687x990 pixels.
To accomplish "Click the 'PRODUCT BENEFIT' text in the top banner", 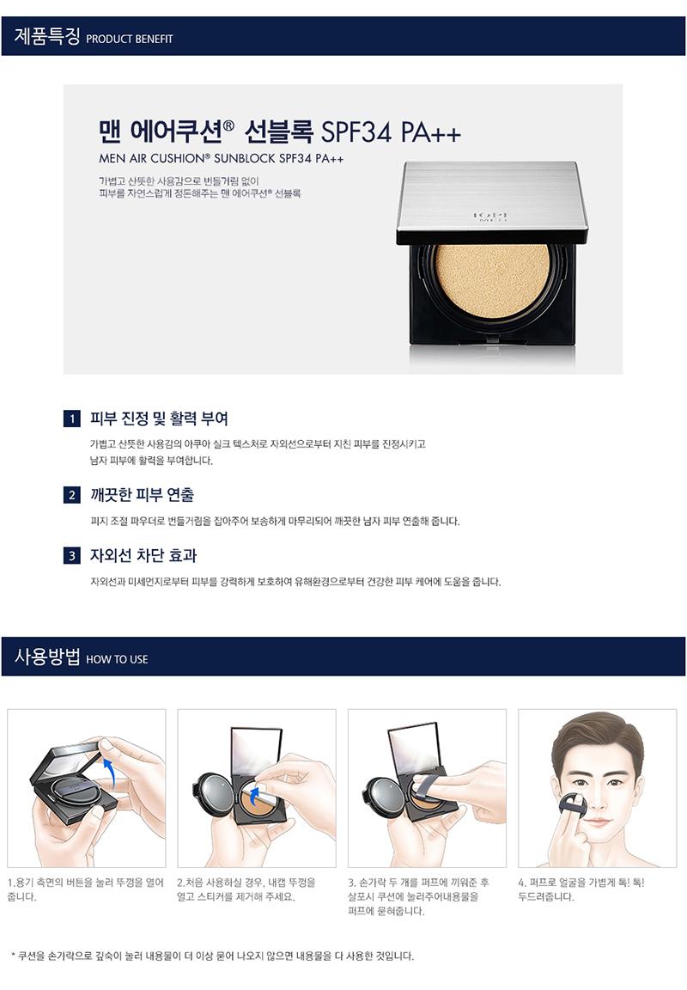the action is pos(130,40).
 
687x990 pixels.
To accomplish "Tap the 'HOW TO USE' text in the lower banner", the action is pos(118,659).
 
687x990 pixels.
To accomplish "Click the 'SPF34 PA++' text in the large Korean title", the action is pos(391,132).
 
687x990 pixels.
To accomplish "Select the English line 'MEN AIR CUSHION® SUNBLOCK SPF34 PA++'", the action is pos(222,158).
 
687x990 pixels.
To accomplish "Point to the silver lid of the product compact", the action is pos(492,202).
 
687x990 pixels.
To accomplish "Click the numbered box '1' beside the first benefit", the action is pos(72,419).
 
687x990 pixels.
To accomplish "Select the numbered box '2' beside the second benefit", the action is pos(72,495).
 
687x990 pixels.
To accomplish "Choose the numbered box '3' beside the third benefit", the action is pos(72,556).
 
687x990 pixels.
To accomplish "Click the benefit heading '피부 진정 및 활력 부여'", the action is pos(159,419).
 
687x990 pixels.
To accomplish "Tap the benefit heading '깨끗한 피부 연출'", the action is pos(142,495).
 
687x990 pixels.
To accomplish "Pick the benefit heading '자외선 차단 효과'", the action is pos(143,556).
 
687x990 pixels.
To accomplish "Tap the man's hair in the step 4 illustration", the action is pos(596,736).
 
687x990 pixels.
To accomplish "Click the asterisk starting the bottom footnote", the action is pos(13,956).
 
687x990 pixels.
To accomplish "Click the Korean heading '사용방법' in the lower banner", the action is pos(47,657).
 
